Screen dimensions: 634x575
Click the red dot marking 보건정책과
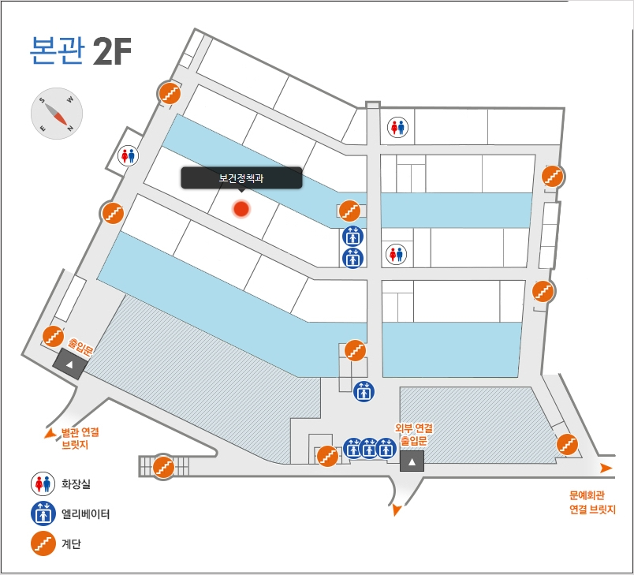241,209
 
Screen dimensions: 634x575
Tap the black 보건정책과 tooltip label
241,178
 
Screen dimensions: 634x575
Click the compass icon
57,114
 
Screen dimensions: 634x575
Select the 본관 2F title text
80,51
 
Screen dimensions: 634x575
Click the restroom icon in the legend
43,484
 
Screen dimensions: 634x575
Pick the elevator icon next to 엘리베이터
43,513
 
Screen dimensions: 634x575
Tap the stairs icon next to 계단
43,543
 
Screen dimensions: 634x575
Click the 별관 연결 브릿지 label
80,439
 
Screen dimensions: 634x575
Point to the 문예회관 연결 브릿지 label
592,502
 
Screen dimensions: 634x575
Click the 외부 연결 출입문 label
414,435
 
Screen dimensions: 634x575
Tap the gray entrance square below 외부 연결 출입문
412,461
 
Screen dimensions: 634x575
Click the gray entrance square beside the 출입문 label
69,364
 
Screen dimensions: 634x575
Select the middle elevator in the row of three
369,448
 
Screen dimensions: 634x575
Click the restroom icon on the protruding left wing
128,155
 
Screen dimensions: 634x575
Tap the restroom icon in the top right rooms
397,127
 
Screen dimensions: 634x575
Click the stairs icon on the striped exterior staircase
163,467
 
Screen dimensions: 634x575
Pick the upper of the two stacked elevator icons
353,237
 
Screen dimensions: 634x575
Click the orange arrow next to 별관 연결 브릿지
50,434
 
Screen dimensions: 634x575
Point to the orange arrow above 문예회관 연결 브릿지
606,469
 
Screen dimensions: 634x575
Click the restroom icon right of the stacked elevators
396,254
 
